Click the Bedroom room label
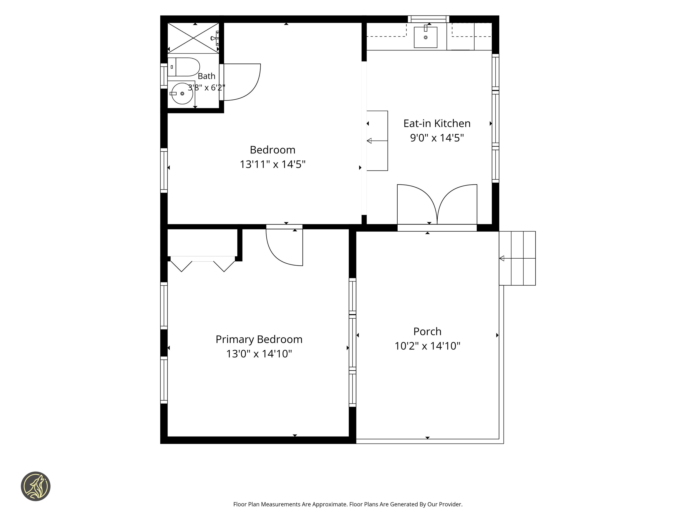click(x=273, y=150)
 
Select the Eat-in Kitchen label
click(x=437, y=123)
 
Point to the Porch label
click(x=427, y=331)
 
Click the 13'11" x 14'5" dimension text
click(x=273, y=164)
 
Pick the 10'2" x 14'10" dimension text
click(x=427, y=346)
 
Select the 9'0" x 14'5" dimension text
click(x=437, y=138)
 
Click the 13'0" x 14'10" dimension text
click(x=259, y=354)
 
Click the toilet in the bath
click(x=184, y=67)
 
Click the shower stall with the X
click(x=193, y=38)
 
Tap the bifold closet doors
click(x=203, y=264)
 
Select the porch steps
click(x=517, y=258)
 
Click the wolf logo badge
click(x=35, y=486)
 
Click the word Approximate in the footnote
click(x=330, y=504)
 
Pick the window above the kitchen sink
click(x=428, y=19)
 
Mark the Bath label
click(x=206, y=76)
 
